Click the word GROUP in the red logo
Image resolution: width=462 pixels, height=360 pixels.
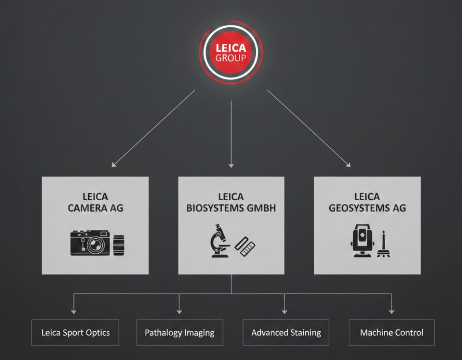pyautogui.click(x=231, y=58)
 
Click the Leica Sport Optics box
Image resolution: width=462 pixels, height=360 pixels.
pyautogui.click(x=75, y=332)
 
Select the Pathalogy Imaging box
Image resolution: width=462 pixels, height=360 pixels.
pyautogui.click(x=179, y=332)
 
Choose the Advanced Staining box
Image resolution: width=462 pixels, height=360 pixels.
pyautogui.click(x=286, y=332)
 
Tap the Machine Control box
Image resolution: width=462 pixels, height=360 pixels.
pyautogui.click(x=391, y=332)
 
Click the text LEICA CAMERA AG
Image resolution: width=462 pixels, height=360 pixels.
pyautogui.click(x=95, y=202)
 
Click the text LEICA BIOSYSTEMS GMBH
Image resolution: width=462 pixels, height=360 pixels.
pyautogui.click(x=231, y=202)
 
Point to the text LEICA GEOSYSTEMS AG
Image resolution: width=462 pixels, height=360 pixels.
pyautogui.click(x=367, y=202)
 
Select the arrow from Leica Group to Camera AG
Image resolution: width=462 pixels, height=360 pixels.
pyautogui.click(x=153, y=128)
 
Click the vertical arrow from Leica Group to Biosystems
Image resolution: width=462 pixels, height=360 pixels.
pyautogui.click(x=231, y=132)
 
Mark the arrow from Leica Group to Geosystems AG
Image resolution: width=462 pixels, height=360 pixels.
pyautogui.click(x=309, y=128)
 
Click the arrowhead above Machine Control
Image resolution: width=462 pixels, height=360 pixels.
pyautogui.click(x=391, y=311)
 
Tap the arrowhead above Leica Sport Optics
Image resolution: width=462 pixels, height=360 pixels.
pyautogui.click(x=74, y=311)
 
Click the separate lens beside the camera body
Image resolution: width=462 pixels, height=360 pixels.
pyautogui.click(x=119, y=245)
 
